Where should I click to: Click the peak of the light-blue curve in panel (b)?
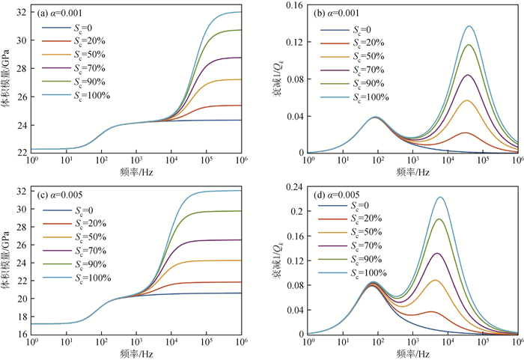[470, 26]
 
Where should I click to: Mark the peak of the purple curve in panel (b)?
[468, 75]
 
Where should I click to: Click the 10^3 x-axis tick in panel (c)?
[136, 344]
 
